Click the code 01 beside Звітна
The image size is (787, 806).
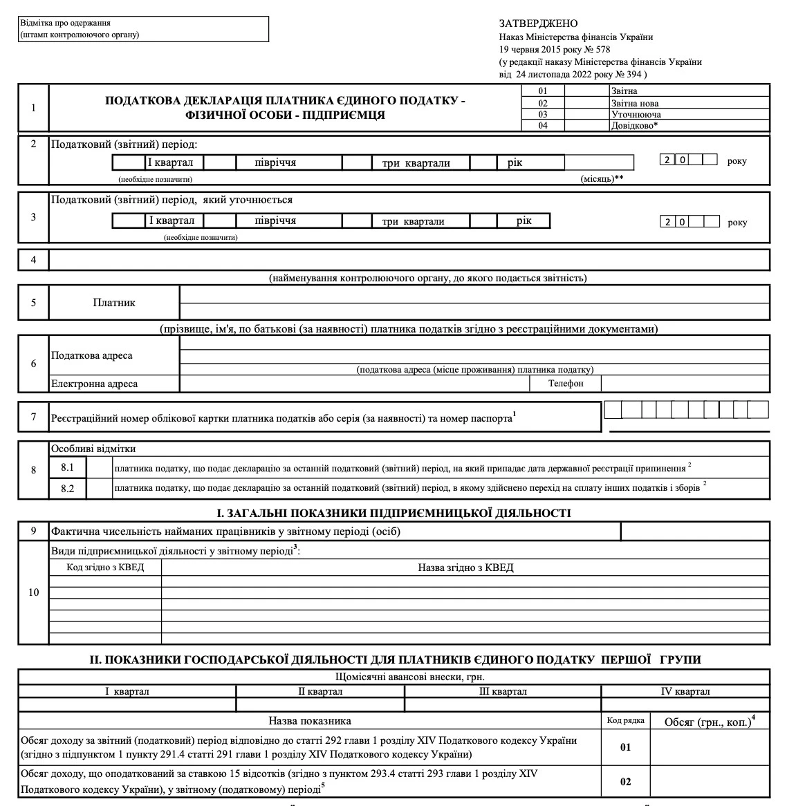click(543, 91)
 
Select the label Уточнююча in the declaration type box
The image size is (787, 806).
click(636, 115)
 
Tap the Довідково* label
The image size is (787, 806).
click(634, 126)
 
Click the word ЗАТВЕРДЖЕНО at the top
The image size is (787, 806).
click(538, 24)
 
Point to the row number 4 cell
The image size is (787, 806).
click(33, 260)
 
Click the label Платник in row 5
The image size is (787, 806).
click(114, 303)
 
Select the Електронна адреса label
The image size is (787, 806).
click(94, 384)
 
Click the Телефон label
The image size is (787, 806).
click(566, 384)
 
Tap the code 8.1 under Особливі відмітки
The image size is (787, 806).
click(67, 467)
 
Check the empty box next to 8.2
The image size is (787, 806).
click(99, 488)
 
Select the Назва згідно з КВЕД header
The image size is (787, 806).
click(465, 568)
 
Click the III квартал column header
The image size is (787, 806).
click(503, 691)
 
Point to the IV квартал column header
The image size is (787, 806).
click(685, 691)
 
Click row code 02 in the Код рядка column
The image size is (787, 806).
click(625, 782)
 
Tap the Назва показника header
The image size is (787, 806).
click(310, 721)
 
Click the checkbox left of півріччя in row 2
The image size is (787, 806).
click(219, 162)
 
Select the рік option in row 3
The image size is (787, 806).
click(524, 221)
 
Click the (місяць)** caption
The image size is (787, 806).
click(602, 178)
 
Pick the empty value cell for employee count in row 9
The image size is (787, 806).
click(695, 532)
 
